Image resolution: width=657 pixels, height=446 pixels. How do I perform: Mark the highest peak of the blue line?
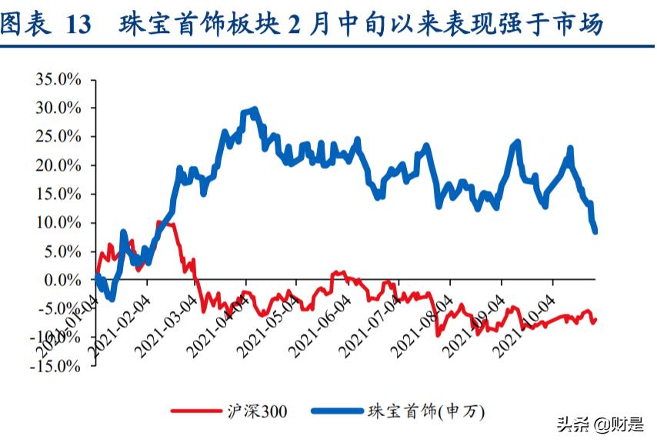coord(254,110)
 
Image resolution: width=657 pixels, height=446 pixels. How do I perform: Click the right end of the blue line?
coord(595,231)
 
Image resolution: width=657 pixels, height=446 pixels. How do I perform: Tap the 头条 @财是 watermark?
coord(599,424)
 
